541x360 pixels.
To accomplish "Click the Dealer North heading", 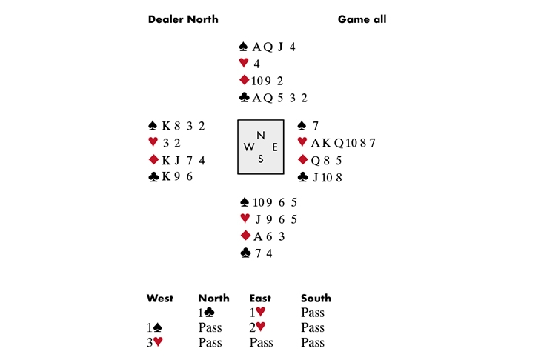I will (183, 19).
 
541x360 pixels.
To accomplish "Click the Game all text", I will (362, 19).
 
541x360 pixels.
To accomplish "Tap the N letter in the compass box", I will (260, 135).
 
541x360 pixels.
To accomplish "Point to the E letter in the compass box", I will (274, 147).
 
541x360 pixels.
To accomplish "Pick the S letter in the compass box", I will (260, 159).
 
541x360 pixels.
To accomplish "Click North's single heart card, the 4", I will (256, 64).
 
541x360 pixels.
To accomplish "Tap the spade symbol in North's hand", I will (244, 47).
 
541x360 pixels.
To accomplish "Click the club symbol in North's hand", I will (244, 97).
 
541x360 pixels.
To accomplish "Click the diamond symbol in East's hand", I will (302, 160).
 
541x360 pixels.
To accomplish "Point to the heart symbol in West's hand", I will (153, 142).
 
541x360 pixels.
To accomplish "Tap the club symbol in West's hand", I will (153, 177).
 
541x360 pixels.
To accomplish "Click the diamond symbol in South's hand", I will (244, 236).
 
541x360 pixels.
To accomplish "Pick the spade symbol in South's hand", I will (244, 201).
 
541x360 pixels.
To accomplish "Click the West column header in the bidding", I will (160, 299).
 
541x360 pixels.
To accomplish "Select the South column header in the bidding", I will (316, 299).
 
